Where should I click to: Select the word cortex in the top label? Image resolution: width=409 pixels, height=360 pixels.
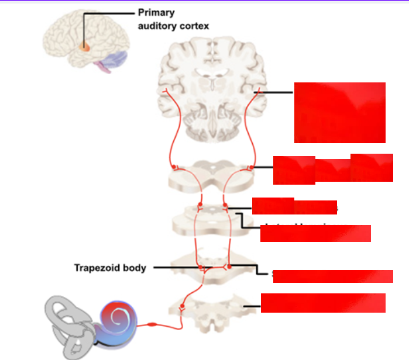(x=194, y=26)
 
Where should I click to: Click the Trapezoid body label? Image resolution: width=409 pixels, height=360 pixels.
(x=109, y=268)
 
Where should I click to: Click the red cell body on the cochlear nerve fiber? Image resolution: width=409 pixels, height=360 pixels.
(x=153, y=323)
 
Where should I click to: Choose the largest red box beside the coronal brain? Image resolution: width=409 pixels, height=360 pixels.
(x=339, y=112)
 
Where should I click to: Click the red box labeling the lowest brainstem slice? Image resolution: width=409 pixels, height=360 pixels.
(x=323, y=303)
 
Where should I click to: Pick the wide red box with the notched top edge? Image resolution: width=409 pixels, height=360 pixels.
(x=333, y=168)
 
